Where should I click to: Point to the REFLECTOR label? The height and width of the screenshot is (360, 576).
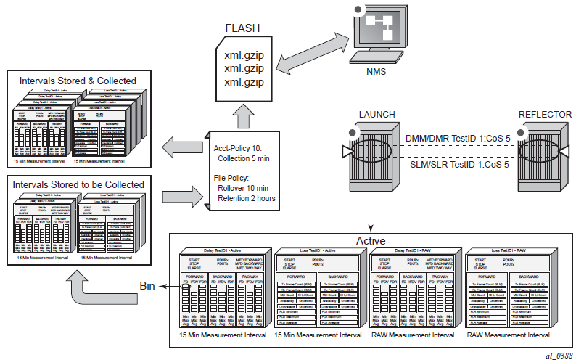(x=545, y=114)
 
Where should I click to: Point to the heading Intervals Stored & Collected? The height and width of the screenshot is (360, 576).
(x=78, y=80)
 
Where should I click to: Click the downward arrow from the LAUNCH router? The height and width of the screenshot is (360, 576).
(x=371, y=215)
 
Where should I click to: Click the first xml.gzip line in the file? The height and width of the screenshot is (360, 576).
(x=244, y=54)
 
